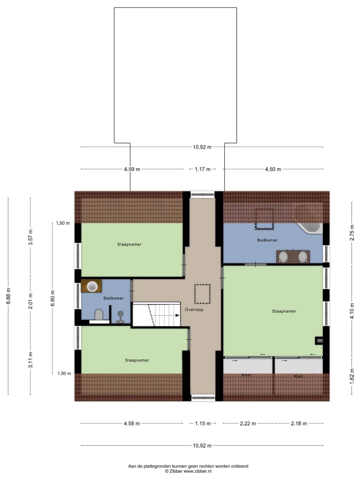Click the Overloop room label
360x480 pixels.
point(194,310)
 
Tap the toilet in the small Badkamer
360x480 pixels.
point(99,315)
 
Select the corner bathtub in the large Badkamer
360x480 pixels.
point(310,228)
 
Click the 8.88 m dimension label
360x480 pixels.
point(8,296)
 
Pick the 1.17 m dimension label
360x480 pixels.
point(202,169)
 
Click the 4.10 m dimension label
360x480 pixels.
point(352,311)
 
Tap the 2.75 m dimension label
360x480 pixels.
point(352,232)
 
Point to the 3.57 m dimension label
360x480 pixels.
point(30,237)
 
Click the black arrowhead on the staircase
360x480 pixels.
point(177,315)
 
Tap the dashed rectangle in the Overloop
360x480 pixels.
point(202,294)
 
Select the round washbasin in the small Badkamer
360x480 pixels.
point(92,286)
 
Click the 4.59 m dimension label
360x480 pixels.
point(132,169)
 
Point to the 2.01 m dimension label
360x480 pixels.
point(30,301)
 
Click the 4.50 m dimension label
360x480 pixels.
point(273,169)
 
